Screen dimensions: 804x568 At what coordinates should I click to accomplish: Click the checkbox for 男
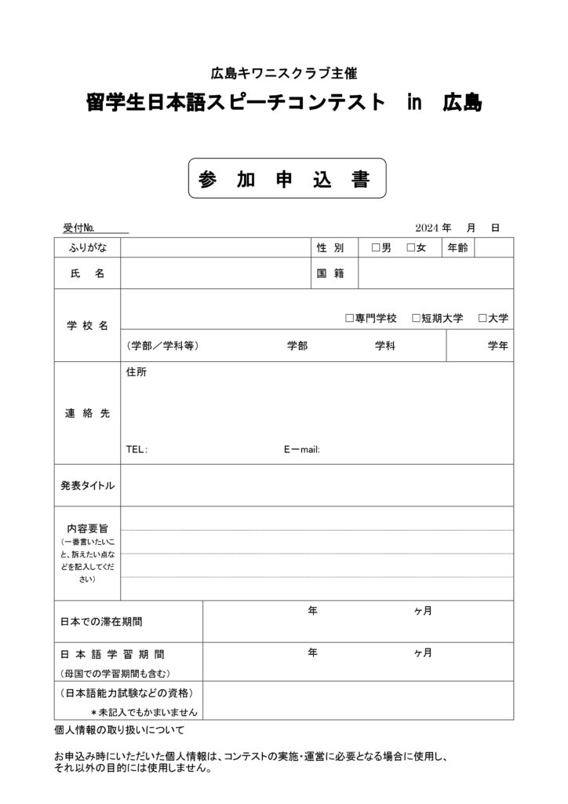point(375,249)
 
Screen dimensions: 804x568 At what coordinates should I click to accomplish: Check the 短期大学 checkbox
point(416,318)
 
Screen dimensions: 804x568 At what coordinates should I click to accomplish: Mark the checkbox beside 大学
point(482,318)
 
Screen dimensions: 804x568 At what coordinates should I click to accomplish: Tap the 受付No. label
point(79,228)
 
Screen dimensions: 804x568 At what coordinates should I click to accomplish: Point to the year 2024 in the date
point(428,228)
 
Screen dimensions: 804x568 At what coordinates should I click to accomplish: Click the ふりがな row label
point(87,248)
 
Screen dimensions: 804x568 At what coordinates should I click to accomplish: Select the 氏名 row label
point(87,273)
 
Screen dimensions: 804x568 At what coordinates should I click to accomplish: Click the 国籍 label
point(330,273)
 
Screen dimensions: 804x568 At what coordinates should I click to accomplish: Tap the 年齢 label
point(458,248)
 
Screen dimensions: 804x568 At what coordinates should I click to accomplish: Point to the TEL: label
point(137,450)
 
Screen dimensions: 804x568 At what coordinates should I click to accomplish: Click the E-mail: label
point(301,450)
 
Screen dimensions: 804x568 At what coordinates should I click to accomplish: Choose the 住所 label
point(137,373)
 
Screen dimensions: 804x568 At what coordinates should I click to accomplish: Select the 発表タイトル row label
point(87,485)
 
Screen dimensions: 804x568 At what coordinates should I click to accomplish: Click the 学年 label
point(497,345)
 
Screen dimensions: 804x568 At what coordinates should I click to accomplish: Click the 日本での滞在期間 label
point(102,622)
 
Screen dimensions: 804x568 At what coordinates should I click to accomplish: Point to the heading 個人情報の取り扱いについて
point(119,731)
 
